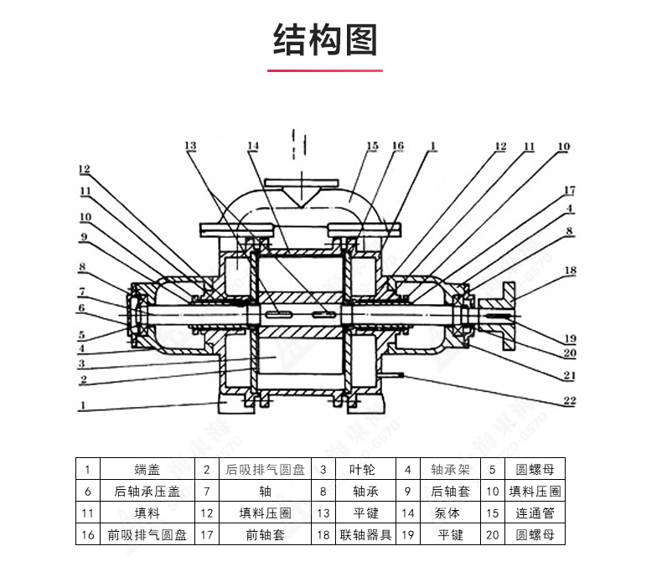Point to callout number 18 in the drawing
coord(570,270)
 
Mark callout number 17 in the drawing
coord(569,190)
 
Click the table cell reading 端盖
coord(147,470)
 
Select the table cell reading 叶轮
coord(365,470)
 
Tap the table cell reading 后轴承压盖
coord(147,492)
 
